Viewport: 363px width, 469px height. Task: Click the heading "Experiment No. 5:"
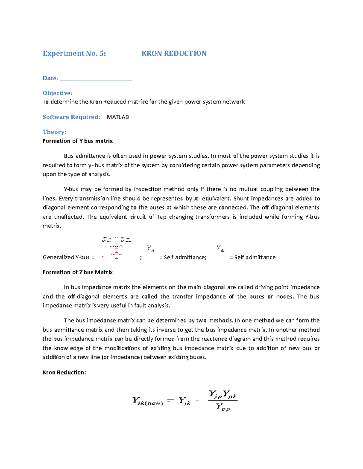(x=74, y=53)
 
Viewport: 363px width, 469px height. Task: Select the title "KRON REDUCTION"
(x=174, y=53)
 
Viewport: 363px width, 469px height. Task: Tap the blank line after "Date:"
(x=96, y=79)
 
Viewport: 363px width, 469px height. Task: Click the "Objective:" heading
(x=57, y=93)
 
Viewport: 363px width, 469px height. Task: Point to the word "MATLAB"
(x=118, y=117)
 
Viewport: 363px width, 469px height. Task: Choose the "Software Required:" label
(x=71, y=117)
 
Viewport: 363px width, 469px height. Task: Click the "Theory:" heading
(x=54, y=132)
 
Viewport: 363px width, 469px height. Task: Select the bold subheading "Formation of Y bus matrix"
(x=77, y=141)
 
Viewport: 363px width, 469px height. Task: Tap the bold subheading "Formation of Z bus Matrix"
(x=77, y=272)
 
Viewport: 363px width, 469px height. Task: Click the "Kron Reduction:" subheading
(x=64, y=373)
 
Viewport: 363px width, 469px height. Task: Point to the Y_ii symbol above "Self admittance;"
(x=150, y=249)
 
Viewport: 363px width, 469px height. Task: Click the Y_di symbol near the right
(x=220, y=249)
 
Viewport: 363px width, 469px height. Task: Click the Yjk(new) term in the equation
(x=147, y=401)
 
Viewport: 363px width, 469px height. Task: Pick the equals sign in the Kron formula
(x=171, y=401)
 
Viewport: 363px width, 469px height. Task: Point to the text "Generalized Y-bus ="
(x=68, y=258)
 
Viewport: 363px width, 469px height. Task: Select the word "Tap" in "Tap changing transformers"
(x=162, y=217)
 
